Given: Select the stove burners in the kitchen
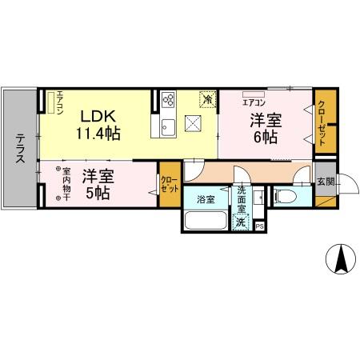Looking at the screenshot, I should pos(169,100).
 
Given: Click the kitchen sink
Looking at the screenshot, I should pos(169,126).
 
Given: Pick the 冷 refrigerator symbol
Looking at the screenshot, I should pos(207,100).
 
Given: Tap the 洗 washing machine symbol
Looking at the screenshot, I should pos(241,222).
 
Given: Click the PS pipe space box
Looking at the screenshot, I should pos(259,226).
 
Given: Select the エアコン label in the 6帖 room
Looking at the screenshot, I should pos(254,103).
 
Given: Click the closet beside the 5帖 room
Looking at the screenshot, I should pos(169,186).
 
